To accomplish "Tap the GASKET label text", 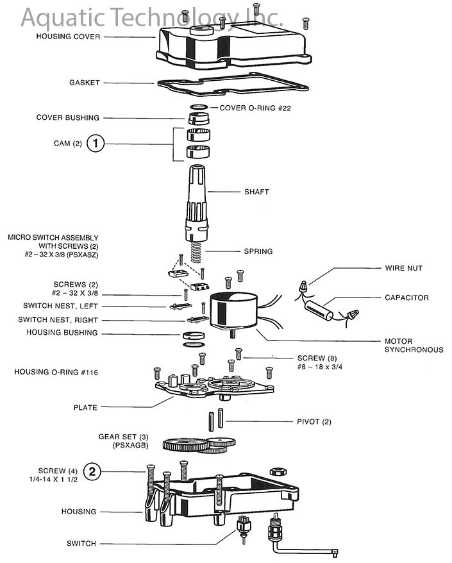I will coord(84,83).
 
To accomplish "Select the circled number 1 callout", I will coord(95,144).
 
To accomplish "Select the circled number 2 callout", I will coord(93,472).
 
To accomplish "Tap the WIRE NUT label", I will coord(403,268).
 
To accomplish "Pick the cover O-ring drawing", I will coord(199,106).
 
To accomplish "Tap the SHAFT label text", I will coord(256,192).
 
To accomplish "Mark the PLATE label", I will coord(85,407).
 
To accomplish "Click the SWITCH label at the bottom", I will coord(81,544).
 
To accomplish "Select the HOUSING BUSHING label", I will coord(62,333).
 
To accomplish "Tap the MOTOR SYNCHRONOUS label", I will coord(414,346).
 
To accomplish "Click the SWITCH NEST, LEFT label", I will coord(60,306).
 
